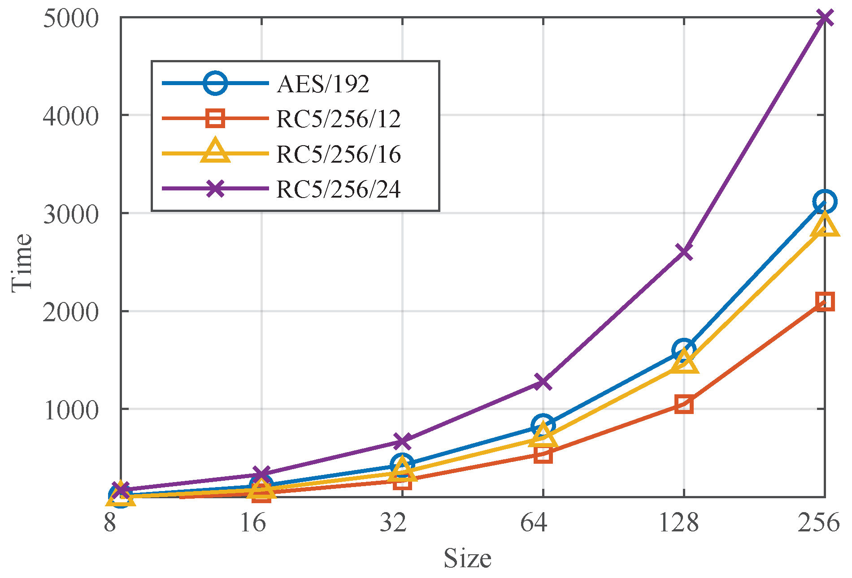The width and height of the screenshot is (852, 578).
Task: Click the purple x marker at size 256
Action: [825, 18]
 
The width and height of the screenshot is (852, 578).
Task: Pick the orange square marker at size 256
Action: [825, 302]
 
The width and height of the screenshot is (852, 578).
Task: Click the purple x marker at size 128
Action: [684, 251]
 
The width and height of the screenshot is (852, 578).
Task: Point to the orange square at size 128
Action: [684, 405]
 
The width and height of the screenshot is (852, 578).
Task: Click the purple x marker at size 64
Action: [543, 382]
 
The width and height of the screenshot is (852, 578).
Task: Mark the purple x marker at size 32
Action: [402, 441]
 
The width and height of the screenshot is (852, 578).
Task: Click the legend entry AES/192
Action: [323, 83]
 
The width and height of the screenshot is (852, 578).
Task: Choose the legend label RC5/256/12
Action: [338, 119]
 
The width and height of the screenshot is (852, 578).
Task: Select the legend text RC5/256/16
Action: [338, 154]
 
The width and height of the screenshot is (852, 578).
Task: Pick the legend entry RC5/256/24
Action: [338, 189]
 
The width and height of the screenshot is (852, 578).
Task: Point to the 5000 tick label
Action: [70, 19]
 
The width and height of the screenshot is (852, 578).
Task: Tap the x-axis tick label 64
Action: [534, 522]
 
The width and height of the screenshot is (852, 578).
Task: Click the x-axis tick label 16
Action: [252, 522]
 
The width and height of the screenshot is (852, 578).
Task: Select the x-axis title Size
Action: [467, 558]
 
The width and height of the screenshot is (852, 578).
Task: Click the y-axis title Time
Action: [22, 263]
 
